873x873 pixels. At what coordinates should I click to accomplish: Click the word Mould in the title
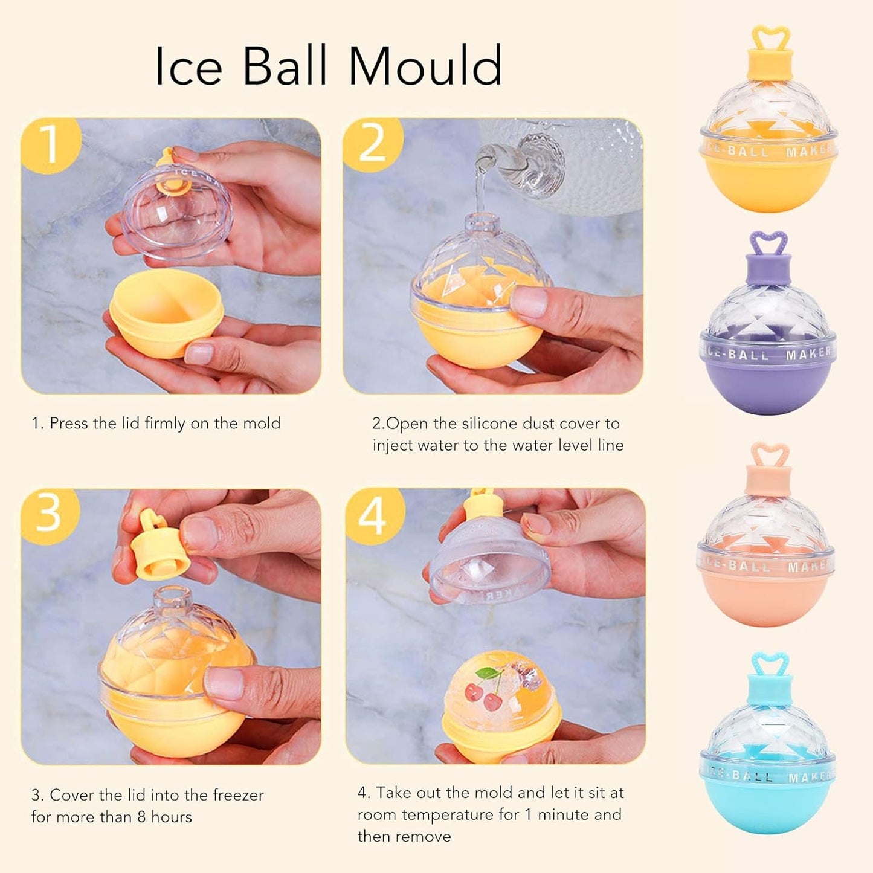pos(425,66)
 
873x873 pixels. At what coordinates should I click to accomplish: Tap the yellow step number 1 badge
pos(50,145)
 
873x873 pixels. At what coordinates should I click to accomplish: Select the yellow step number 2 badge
pos(372,145)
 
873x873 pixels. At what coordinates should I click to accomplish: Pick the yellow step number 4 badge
pos(373,515)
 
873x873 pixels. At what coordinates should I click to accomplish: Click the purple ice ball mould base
pos(767,387)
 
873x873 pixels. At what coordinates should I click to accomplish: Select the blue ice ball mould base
pos(767,807)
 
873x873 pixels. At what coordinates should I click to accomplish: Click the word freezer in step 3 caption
pos(236,795)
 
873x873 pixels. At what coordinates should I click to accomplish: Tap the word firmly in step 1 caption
pos(165,424)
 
